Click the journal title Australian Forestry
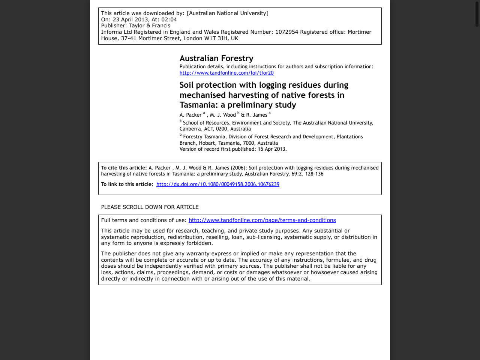tap(216, 58)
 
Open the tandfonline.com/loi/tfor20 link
tap(226, 73)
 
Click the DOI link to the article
tap(217, 184)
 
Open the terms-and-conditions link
tap(262, 220)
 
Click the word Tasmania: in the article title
tap(199, 105)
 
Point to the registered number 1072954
tap(286, 32)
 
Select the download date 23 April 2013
tap(129, 19)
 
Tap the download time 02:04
tap(169, 19)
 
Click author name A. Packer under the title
tap(190, 115)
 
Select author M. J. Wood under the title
tap(223, 115)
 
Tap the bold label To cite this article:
tap(124, 168)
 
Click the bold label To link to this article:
tap(127, 184)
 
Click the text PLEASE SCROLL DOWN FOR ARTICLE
tap(150, 207)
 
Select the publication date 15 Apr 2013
tap(271, 149)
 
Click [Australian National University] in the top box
tap(228, 13)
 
